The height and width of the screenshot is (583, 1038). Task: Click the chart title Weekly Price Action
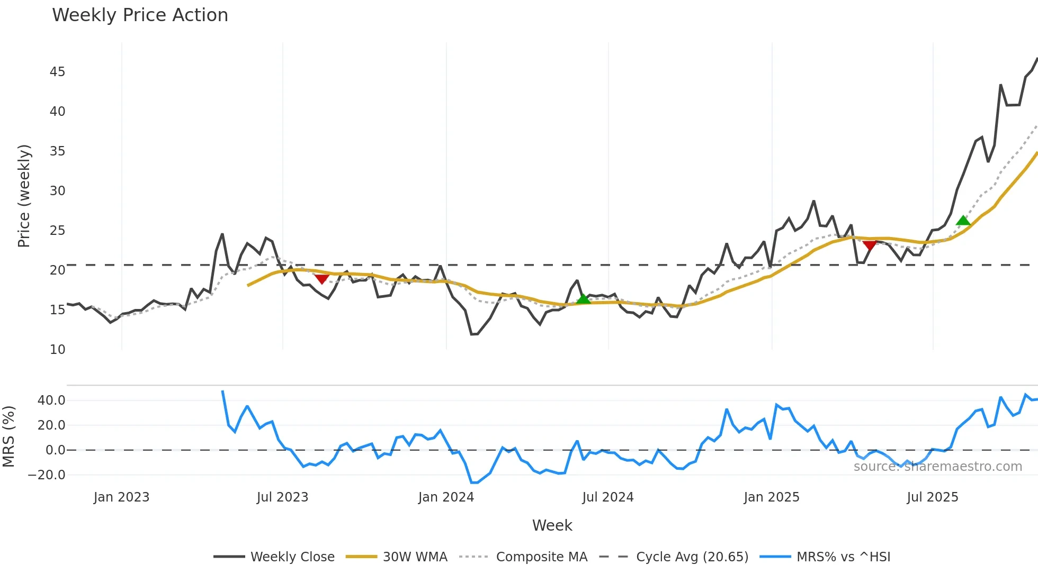pyautogui.click(x=140, y=15)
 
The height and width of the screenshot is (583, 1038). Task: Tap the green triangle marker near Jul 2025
pyautogui.click(x=963, y=221)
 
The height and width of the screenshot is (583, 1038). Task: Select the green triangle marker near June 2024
pyautogui.click(x=583, y=299)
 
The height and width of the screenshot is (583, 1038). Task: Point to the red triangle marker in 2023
pyautogui.click(x=322, y=279)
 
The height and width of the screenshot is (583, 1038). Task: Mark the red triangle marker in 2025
pyautogui.click(x=870, y=245)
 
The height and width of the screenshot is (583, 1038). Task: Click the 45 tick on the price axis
pyautogui.click(x=57, y=72)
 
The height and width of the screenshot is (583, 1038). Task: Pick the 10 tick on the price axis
pyautogui.click(x=57, y=350)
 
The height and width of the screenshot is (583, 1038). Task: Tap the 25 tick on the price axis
pyautogui.click(x=57, y=231)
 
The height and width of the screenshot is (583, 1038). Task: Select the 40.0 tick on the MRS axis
pyautogui.click(x=51, y=400)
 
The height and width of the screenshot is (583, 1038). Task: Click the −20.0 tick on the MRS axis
pyautogui.click(x=47, y=475)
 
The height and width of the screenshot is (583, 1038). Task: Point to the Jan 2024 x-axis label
pyautogui.click(x=446, y=497)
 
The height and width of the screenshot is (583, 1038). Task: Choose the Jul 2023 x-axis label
pyautogui.click(x=282, y=497)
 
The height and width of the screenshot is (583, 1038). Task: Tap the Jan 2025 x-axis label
pyautogui.click(x=771, y=497)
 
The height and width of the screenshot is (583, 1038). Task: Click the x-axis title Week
pyautogui.click(x=552, y=525)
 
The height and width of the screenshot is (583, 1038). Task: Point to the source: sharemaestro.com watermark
pyautogui.click(x=937, y=467)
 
